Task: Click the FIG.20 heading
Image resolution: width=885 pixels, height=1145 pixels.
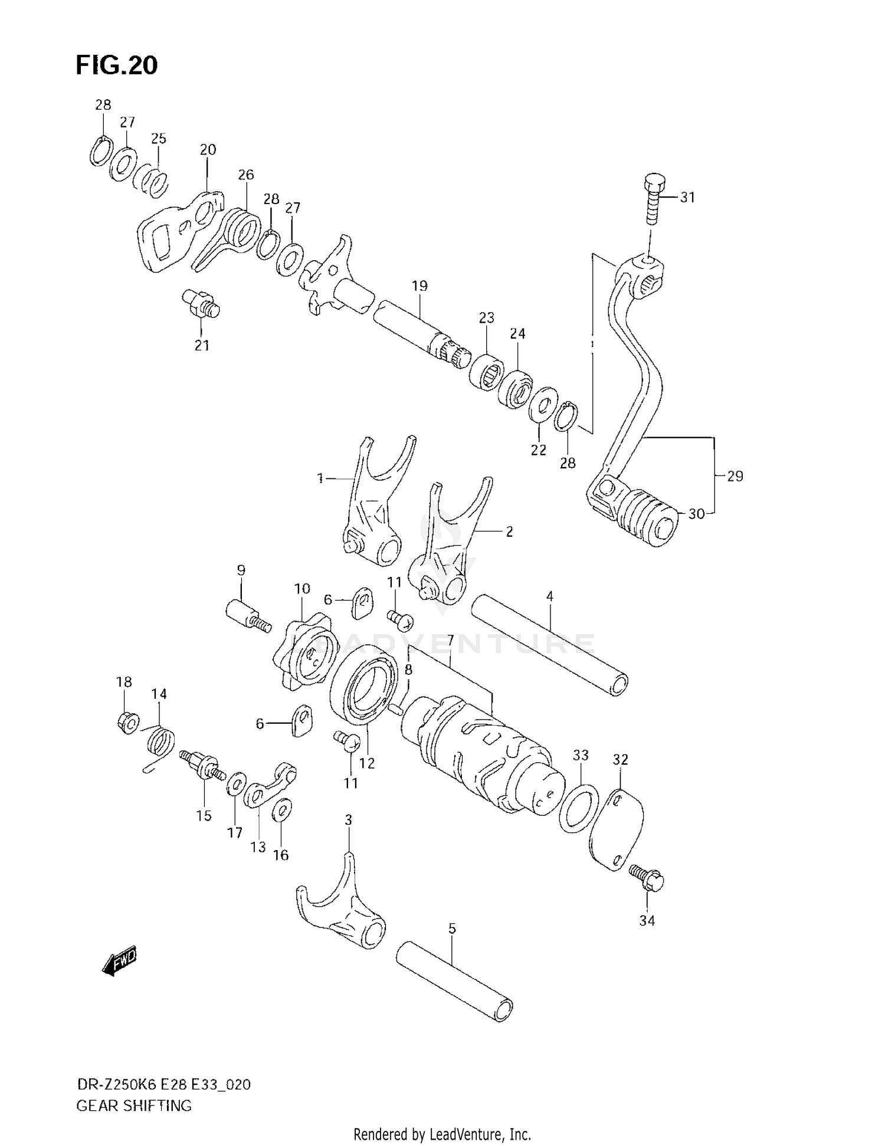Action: (x=116, y=65)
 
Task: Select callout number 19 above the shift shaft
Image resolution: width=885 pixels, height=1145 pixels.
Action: (x=419, y=286)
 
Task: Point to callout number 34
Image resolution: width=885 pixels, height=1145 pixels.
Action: (x=647, y=921)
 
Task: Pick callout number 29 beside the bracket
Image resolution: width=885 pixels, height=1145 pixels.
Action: (x=735, y=476)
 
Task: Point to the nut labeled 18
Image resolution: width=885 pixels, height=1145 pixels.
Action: (x=127, y=721)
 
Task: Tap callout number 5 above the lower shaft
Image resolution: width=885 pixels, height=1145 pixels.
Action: (x=452, y=929)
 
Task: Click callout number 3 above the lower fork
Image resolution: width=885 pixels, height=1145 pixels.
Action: (x=349, y=820)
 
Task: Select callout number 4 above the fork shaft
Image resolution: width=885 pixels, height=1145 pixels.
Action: (x=549, y=596)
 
